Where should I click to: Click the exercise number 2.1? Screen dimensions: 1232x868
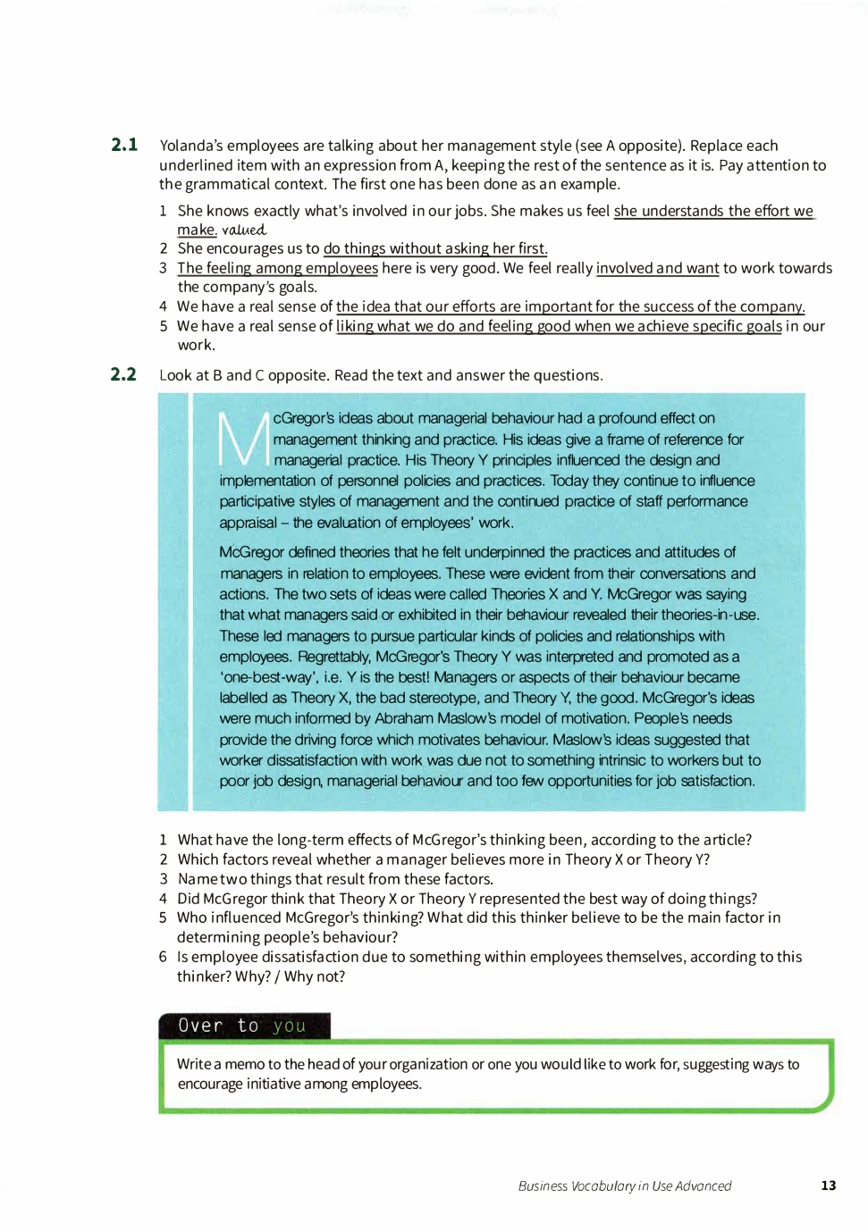[x=124, y=145]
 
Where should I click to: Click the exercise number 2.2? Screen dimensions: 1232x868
[x=123, y=374]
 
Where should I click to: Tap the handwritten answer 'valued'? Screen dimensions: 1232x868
[x=244, y=230]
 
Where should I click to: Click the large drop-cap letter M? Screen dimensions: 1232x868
[x=243, y=439]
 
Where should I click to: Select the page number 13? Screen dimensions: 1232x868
[x=828, y=1186]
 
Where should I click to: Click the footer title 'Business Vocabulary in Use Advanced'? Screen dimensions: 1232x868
[x=624, y=1186]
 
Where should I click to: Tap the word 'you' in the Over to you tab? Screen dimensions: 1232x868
[x=290, y=1026]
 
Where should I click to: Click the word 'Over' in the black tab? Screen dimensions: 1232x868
[x=200, y=1026]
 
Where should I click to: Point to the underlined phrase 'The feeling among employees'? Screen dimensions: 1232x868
[x=277, y=268]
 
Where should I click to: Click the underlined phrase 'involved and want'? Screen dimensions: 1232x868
[x=657, y=268]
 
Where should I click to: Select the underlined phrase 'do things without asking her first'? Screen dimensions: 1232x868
[x=434, y=248]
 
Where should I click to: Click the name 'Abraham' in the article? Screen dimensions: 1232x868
[x=405, y=718]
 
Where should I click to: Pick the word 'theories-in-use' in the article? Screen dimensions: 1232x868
[x=709, y=615]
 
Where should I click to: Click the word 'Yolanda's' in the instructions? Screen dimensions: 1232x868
[x=191, y=146]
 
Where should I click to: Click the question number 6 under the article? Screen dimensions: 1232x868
[x=163, y=957]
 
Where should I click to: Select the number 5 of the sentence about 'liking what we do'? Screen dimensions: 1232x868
[x=164, y=326]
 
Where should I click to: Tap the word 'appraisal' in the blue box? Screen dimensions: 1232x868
[x=249, y=523]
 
